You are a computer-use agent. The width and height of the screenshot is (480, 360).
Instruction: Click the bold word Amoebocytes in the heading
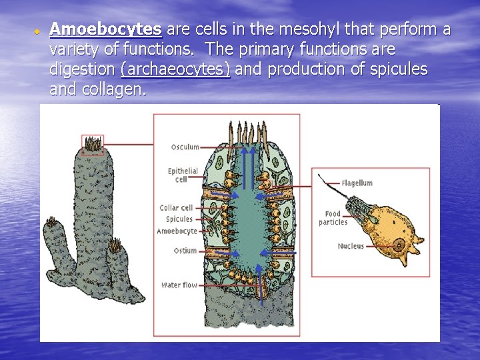tap(105, 29)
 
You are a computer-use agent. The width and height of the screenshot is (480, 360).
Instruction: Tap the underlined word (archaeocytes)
tap(175, 69)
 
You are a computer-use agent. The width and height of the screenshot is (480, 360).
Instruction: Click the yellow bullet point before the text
tap(39, 31)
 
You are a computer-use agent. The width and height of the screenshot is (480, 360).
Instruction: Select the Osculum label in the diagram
tap(185, 147)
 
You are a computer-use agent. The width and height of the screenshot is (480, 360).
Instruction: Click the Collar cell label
tap(176, 208)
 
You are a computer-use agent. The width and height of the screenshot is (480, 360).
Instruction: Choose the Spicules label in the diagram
tap(179, 219)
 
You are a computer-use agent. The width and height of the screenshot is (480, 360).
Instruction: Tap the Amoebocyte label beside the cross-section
tap(177, 231)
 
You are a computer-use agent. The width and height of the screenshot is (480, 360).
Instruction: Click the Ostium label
tap(185, 251)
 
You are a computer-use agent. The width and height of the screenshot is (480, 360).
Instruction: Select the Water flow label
tap(179, 285)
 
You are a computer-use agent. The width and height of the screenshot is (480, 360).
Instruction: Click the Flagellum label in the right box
tap(357, 183)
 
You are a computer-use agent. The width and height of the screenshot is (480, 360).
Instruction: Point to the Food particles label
tap(333, 218)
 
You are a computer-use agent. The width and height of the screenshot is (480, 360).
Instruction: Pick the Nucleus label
tap(351, 247)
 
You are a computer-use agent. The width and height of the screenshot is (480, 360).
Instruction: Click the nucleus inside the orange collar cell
tap(399, 245)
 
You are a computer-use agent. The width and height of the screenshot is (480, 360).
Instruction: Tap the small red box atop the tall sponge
tap(93, 143)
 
